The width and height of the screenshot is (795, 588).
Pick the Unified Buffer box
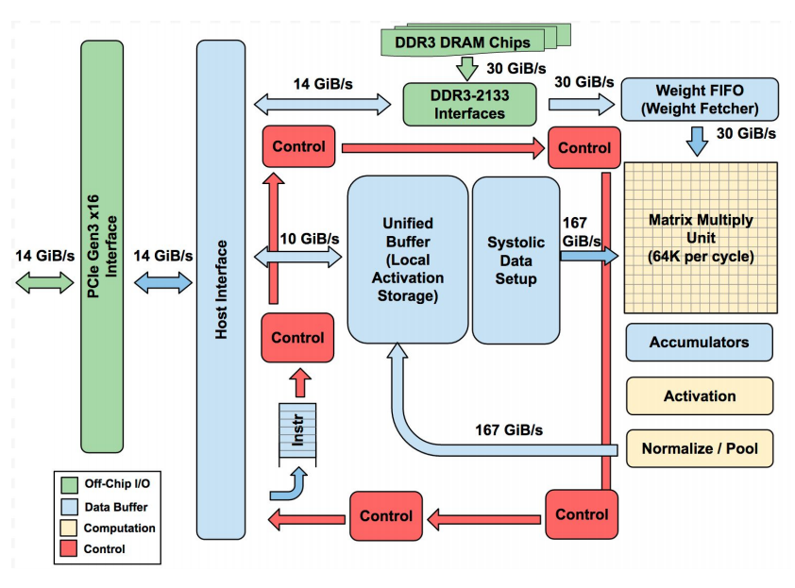pyautogui.click(x=408, y=260)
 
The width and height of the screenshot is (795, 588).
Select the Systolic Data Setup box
pyautogui.click(x=516, y=260)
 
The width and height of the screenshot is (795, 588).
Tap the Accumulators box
pyautogui.click(x=699, y=343)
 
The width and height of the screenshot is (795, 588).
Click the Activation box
pyautogui.click(x=699, y=396)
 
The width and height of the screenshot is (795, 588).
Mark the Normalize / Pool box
pyautogui.click(x=699, y=448)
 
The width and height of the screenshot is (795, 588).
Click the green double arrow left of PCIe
pyautogui.click(x=44, y=281)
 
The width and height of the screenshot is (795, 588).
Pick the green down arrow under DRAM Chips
pyautogui.click(x=466, y=68)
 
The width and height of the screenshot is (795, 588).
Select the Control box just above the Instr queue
pyautogui.click(x=297, y=338)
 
